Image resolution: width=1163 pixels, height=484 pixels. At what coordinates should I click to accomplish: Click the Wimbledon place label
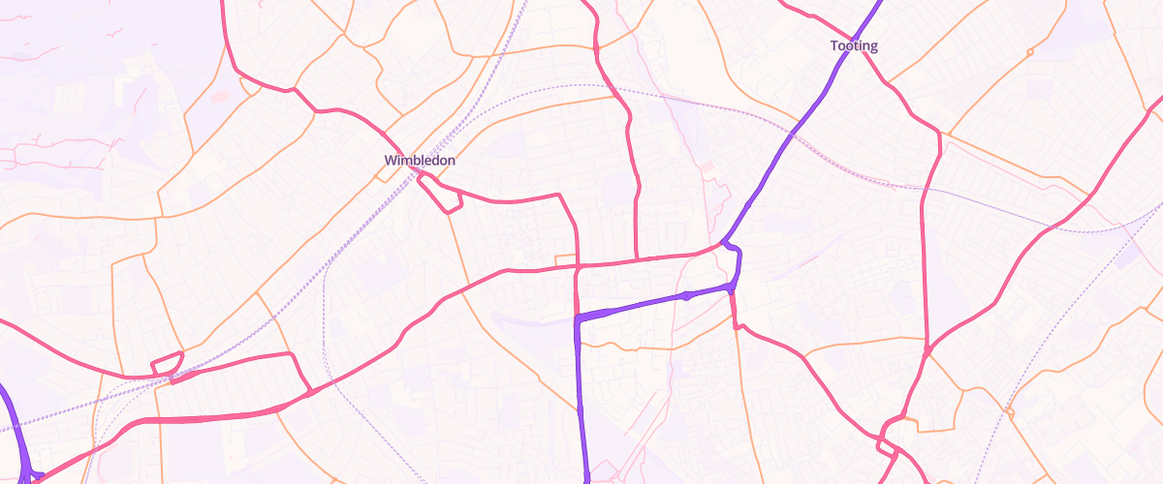coord(420,160)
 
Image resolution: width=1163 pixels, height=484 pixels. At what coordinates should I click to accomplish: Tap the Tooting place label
coord(854,45)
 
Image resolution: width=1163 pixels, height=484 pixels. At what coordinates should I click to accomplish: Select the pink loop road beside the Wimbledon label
coord(444,197)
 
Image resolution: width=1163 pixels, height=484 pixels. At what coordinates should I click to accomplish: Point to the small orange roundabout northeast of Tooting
coord(1029,50)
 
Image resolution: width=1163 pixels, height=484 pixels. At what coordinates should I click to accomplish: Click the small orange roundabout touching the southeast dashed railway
coord(1010,412)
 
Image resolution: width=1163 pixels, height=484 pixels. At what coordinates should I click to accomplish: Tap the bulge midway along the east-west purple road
coord(686,295)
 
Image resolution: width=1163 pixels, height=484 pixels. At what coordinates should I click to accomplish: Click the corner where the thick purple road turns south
coord(579,318)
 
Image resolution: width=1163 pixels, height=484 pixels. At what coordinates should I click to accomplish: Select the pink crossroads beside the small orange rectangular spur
coord(578,265)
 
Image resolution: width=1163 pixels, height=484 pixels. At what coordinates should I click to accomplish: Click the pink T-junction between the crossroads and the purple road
coord(637,259)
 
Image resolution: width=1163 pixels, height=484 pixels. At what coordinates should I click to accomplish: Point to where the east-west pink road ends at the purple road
coord(722,244)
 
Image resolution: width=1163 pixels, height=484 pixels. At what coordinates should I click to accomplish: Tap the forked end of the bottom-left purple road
coord(33,473)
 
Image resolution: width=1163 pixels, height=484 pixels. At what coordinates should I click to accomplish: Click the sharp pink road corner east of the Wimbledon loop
coord(560,197)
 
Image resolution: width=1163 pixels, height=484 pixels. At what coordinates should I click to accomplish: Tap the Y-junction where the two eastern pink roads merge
coord(927,350)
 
